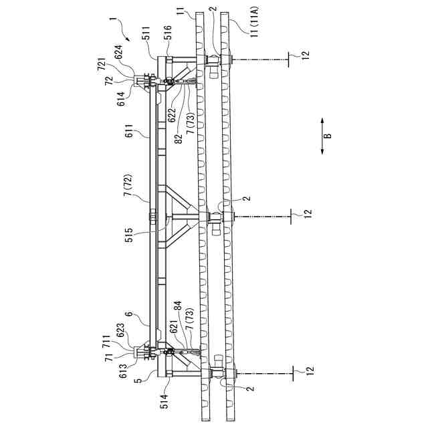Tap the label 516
(167, 33)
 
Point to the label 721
(101, 64)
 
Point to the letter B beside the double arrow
(328, 136)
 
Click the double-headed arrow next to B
(322, 136)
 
